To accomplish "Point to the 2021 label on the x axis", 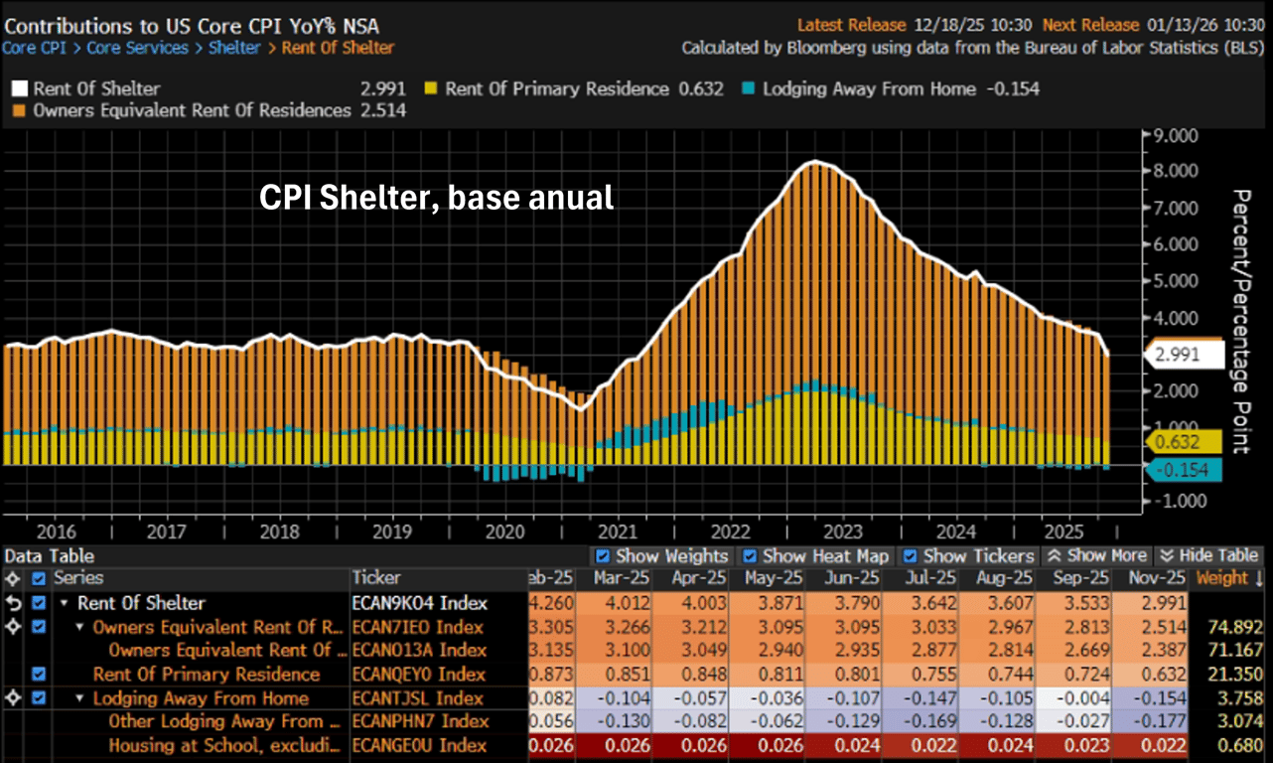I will (619, 532).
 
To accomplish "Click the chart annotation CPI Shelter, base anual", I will (437, 198).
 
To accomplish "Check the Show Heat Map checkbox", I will (750, 556).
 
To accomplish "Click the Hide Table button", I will (1208, 556).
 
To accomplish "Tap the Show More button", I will (1098, 556).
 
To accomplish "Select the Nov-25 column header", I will (1151, 578).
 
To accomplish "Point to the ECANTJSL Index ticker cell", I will (418, 698).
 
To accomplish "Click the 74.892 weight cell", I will (1228, 627).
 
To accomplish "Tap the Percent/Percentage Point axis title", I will (1240, 321).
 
